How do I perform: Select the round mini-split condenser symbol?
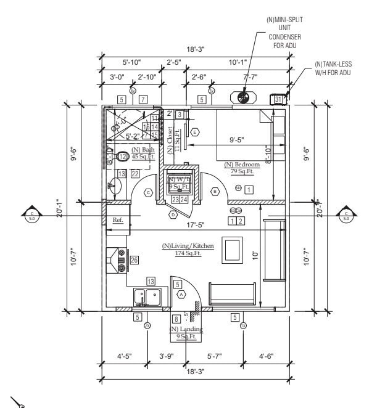click(242, 97)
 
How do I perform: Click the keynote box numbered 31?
click(278, 99)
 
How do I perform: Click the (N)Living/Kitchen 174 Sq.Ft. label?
click(188, 250)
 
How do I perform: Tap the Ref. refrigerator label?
click(117, 221)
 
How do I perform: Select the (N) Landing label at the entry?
click(186, 333)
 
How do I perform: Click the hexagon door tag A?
click(181, 295)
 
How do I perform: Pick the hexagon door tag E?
click(195, 132)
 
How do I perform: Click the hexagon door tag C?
click(148, 192)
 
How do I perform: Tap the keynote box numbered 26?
click(135, 261)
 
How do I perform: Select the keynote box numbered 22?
click(135, 174)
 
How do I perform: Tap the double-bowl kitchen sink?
click(148, 296)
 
